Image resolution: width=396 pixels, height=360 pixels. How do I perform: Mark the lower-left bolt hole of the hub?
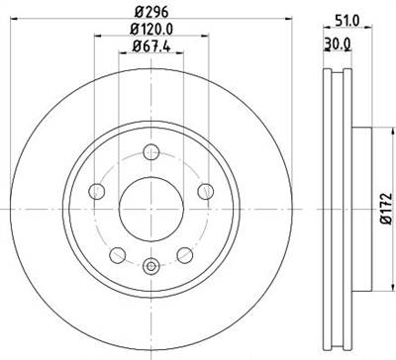tap(116, 255)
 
